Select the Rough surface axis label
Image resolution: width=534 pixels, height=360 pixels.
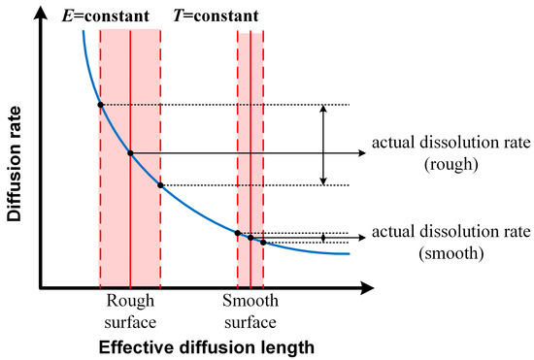pos(130,311)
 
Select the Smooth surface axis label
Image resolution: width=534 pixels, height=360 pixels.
pos(250,311)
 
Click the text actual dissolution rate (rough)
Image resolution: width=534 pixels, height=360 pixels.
pos(451,153)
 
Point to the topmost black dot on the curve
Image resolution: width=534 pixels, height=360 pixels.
pos(100,104)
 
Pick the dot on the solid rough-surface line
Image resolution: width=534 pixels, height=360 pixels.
pos(130,152)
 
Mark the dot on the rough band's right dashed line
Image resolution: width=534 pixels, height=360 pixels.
pos(160,185)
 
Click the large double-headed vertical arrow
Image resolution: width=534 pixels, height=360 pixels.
pos(323,145)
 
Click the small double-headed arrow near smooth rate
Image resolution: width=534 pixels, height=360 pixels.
pos(323,237)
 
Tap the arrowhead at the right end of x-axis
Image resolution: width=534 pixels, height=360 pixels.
pos(369,288)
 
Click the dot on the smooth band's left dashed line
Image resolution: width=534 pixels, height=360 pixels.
pos(238,232)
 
